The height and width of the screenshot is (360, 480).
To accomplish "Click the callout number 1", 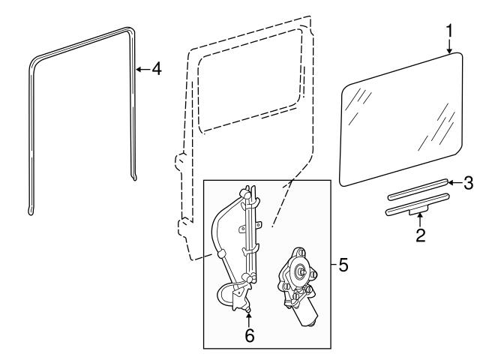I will pos(448,32).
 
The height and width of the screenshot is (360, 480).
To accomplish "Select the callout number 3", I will pos(467,182).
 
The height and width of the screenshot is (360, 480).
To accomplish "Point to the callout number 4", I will pos(155,69).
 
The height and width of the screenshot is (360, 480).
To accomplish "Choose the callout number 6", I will pos(250,336).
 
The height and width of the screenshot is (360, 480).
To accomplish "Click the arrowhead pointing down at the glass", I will pos(450,52).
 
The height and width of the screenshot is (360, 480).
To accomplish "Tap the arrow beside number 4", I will pos(140,69).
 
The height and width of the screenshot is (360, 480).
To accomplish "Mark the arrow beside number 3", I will pos(453,182).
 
